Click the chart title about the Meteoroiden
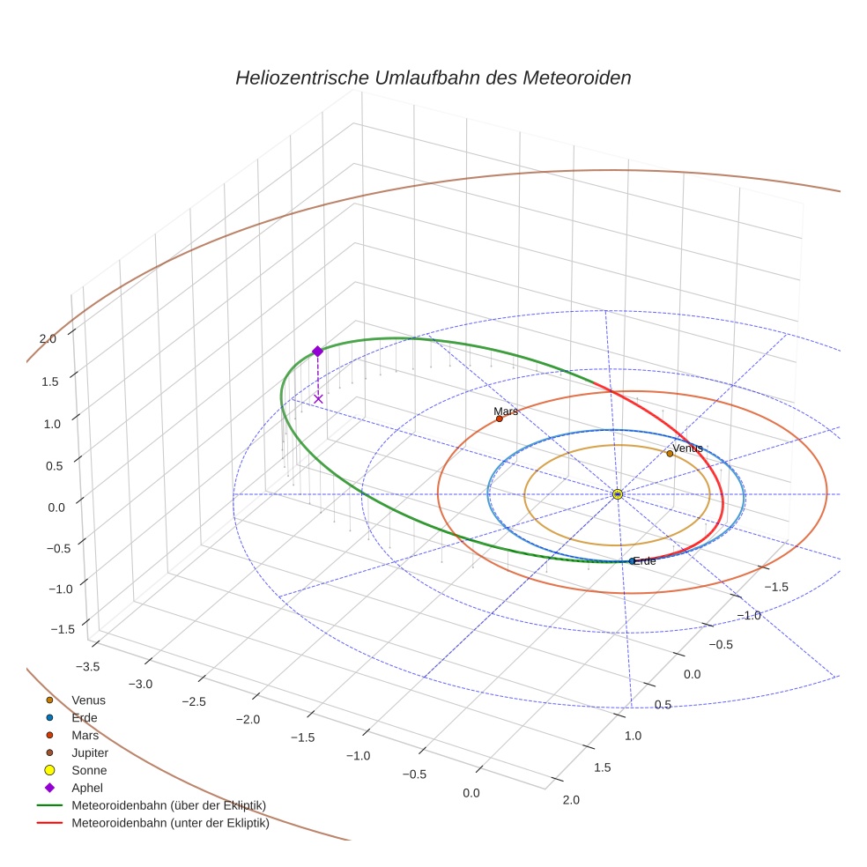433,78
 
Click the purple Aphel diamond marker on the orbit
317,351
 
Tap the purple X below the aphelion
318,399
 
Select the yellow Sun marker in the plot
617,494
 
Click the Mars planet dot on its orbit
500,419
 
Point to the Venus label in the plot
687,448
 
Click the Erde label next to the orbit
644,561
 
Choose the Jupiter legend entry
90,752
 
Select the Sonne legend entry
89,770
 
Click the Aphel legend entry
87,788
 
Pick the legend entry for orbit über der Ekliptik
168,805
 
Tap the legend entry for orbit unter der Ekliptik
170,824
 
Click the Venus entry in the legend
88,700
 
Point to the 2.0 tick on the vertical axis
48,338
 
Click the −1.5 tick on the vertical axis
63,629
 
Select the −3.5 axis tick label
86,667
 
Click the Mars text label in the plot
506,411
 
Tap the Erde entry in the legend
85,717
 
